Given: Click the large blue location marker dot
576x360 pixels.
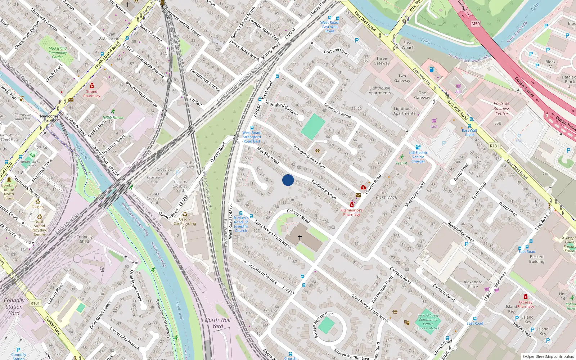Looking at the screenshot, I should click(x=288, y=180).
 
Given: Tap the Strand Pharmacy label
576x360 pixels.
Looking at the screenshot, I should click(x=92, y=94).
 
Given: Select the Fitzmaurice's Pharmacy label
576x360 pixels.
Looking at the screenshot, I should click(x=351, y=212).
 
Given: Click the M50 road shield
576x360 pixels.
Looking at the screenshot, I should click(x=476, y=24).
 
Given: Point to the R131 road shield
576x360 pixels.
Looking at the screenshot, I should click(x=495, y=146).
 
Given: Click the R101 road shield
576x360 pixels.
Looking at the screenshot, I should click(x=35, y=303).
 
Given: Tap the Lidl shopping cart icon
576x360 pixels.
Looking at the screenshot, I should click(x=434, y=121).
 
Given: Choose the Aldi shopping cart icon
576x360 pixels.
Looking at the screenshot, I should click(x=458, y=86).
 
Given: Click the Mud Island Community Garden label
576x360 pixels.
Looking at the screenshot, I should click(x=58, y=53).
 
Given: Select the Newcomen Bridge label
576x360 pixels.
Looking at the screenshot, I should click(x=50, y=118).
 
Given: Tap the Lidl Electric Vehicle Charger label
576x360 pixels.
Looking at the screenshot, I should click(x=418, y=157).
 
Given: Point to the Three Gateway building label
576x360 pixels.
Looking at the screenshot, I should click(x=382, y=61).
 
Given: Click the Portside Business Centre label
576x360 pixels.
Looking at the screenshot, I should click(x=501, y=108).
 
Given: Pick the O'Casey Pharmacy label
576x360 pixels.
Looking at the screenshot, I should click(x=526, y=304).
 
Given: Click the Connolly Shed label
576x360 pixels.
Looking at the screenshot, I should click(x=84, y=239).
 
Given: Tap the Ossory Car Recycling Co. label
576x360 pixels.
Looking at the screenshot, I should click(x=185, y=223).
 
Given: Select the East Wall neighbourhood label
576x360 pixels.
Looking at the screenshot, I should click(x=387, y=197).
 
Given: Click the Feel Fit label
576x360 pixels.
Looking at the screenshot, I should click(x=401, y=163).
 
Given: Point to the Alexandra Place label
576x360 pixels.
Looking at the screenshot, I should click(x=473, y=284).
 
